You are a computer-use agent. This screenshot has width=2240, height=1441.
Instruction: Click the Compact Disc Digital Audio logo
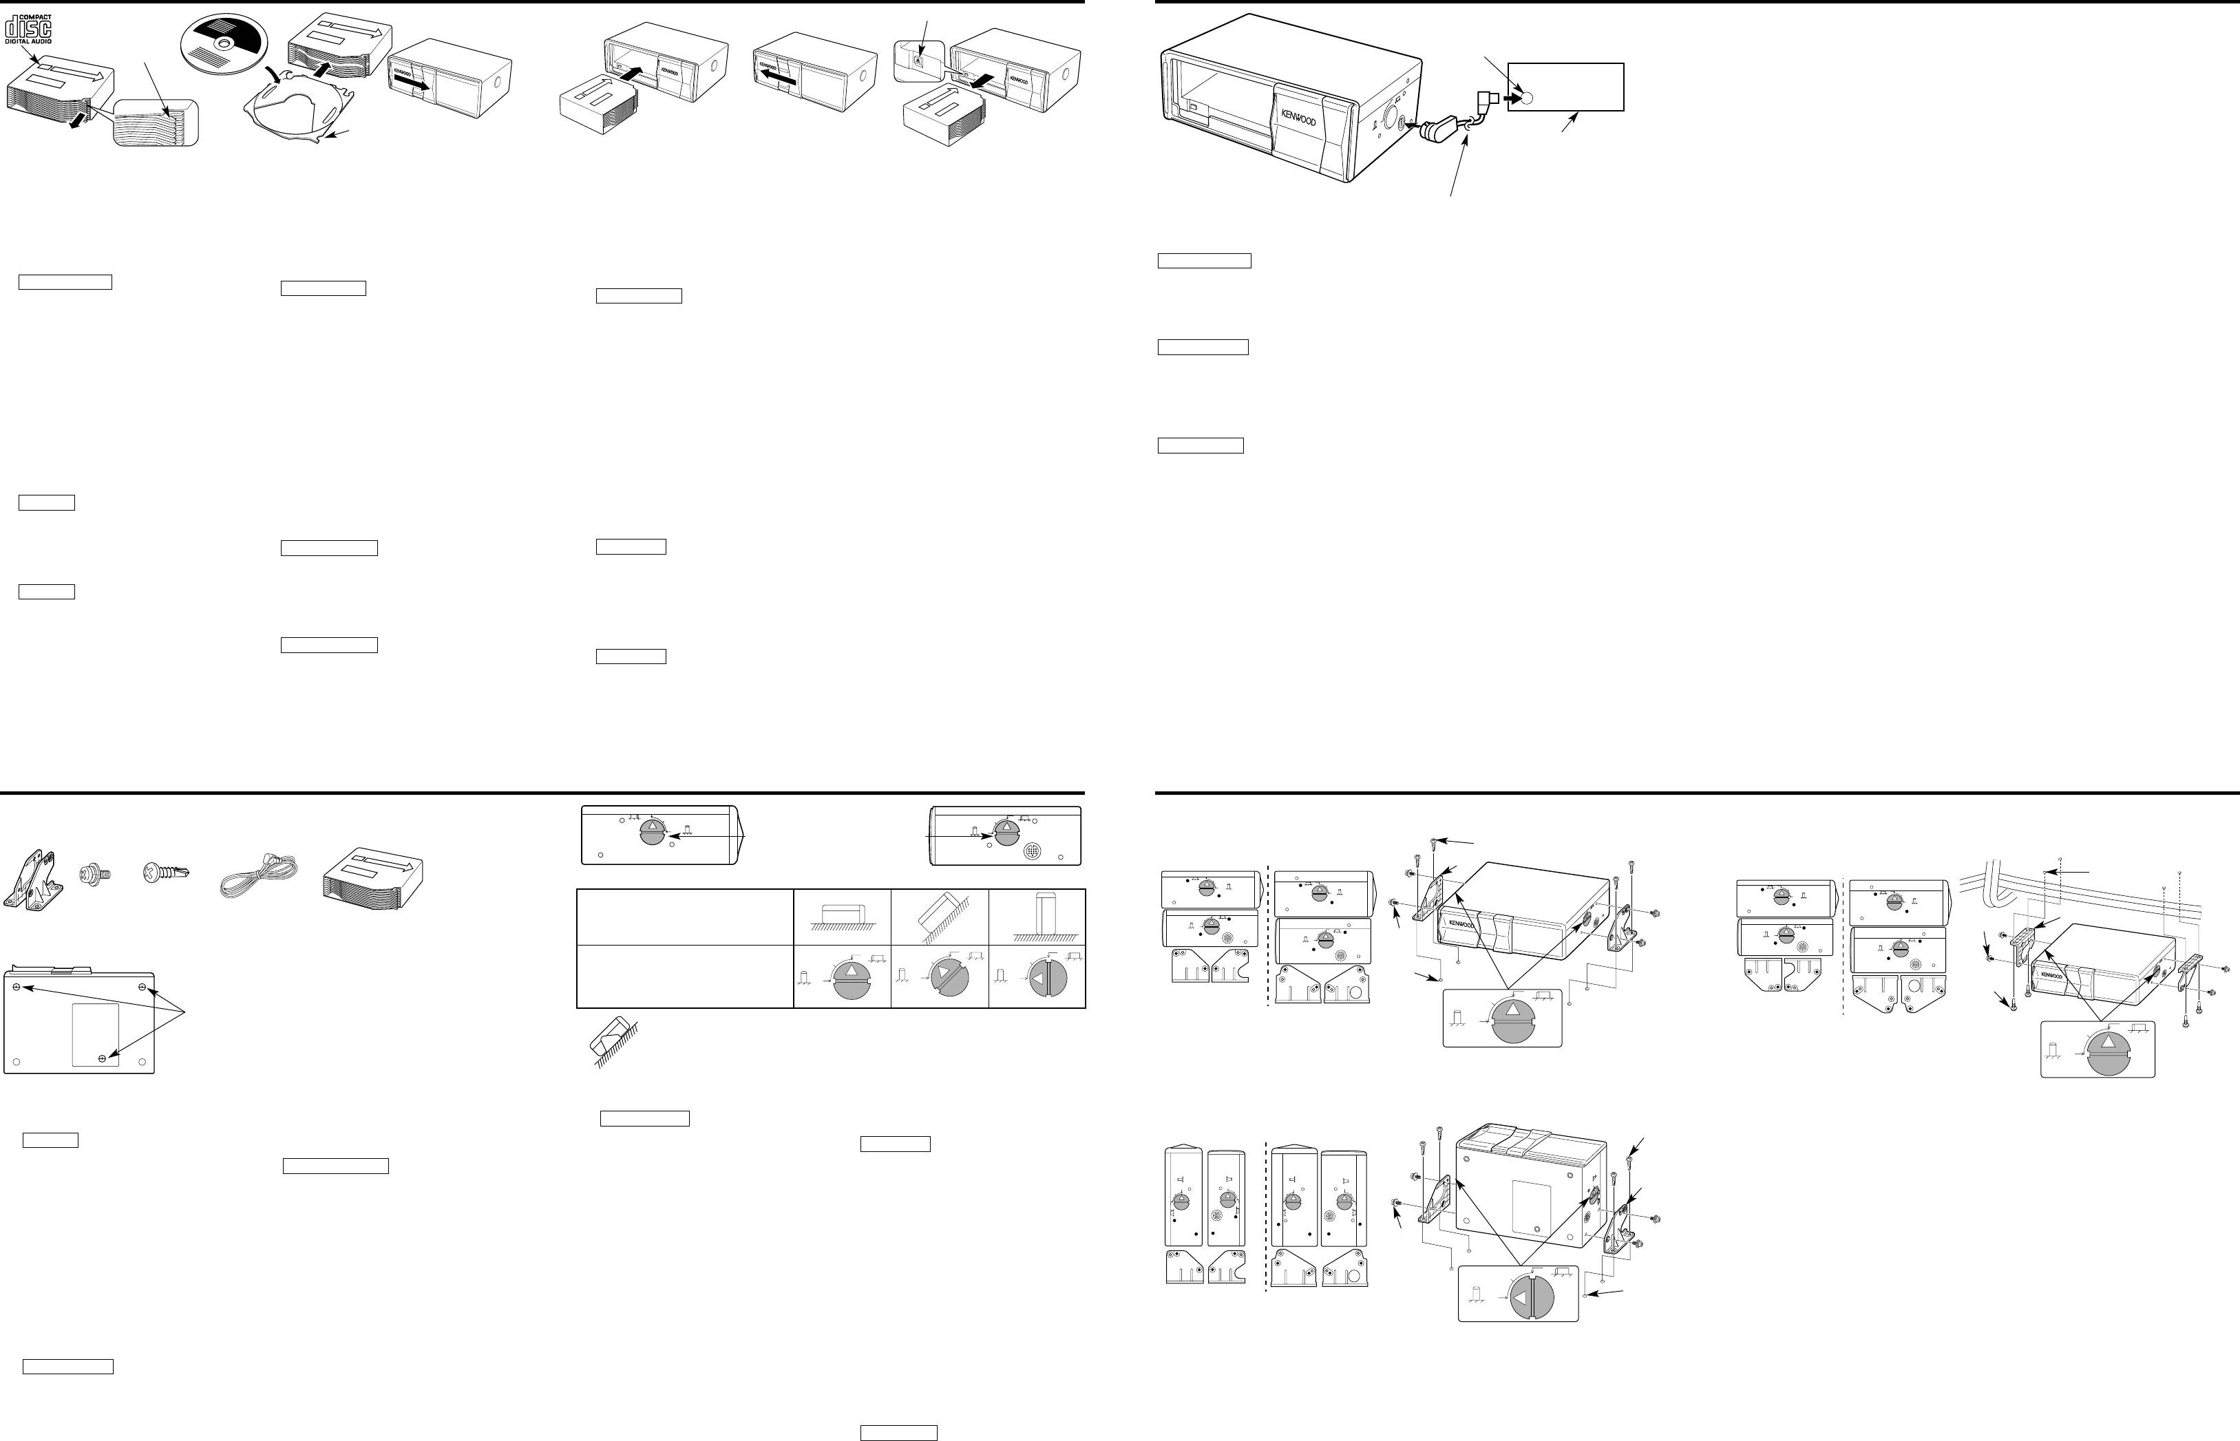(x=28, y=29)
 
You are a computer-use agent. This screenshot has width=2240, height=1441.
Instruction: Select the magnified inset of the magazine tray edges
(x=156, y=122)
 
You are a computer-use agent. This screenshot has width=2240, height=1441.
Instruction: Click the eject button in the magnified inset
(x=918, y=61)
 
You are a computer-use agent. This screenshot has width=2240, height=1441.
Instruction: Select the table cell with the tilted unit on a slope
(x=940, y=917)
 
